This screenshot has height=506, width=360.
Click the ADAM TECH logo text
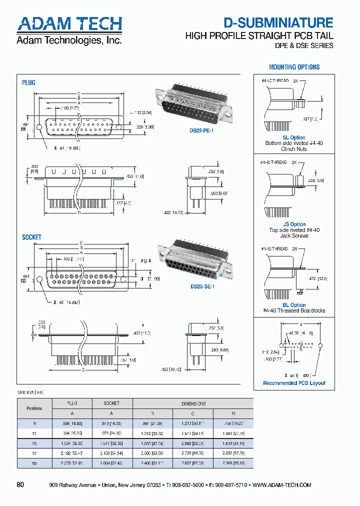coord(69,23)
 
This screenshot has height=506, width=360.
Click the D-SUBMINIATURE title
coord(278,22)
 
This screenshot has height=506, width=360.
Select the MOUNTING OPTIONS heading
coord(294,67)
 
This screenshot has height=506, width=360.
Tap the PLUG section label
coord(28,82)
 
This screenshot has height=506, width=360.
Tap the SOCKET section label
coord(31,237)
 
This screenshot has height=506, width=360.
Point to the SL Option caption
coord(293,137)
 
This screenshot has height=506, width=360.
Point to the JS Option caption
coord(294,224)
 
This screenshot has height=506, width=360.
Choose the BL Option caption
coord(294,305)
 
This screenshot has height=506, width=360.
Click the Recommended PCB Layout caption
coord(294,383)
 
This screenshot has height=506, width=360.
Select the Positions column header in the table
coord(34,408)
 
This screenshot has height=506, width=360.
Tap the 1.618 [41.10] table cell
coord(233,443)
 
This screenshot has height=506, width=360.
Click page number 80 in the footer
coord(20,484)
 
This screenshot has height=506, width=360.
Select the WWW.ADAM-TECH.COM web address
coord(282,485)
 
